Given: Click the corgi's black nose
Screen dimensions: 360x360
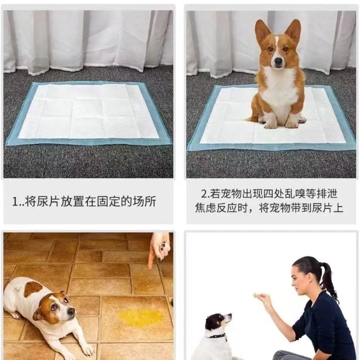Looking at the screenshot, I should [x=277, y=62].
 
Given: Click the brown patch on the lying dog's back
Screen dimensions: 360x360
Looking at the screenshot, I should [x=33, y=289].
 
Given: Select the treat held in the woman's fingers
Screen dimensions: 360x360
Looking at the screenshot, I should [x=256, y=295].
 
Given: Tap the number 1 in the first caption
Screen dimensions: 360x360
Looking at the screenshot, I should [x=15, y=202].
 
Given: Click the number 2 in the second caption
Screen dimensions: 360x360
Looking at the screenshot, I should [x=204, y=194].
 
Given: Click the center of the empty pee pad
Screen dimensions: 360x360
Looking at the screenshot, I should [x=88, y=112].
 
